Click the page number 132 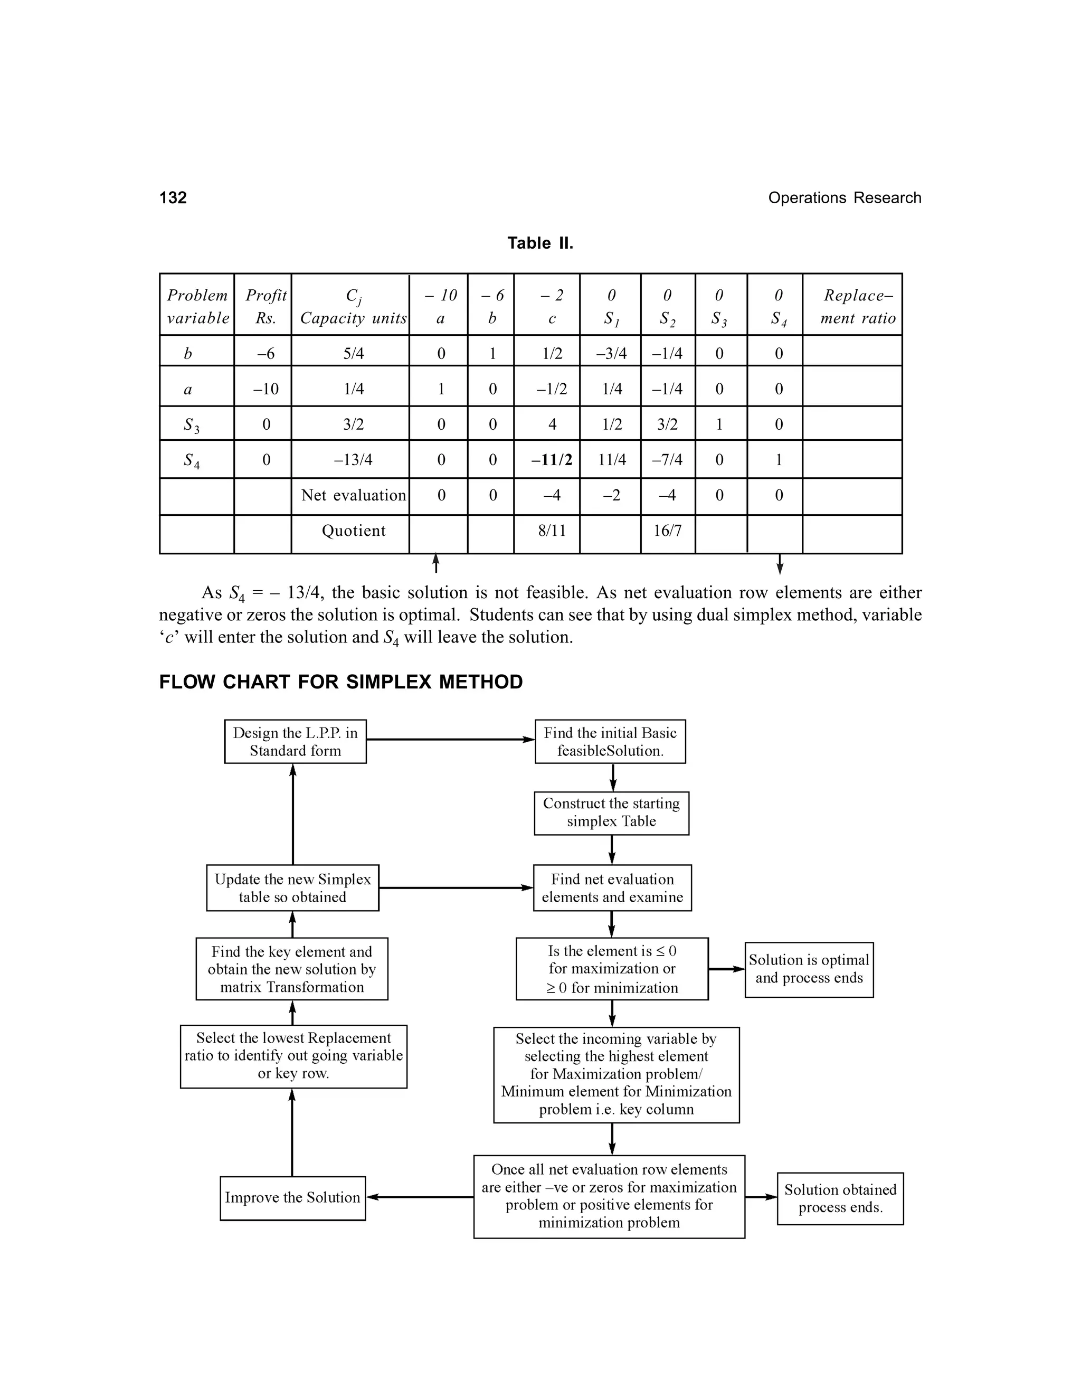tap(173, 198)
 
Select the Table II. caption tap(540, 243)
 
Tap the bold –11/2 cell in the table tap(552, 460)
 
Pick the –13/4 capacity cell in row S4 tap(353, 460)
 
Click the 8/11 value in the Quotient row tap(552, 531)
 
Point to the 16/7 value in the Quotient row tap(667, 531)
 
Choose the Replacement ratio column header tap(858, 306)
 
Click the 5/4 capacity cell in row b tap(353, 354)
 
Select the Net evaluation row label tap(354, 495)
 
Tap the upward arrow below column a tap(436, 563)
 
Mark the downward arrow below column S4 tap(780, 564)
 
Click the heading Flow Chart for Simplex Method tap(340, 682)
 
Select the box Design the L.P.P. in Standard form tap(295, 742)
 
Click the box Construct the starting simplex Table tap(612, 813)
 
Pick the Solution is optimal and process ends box tap(809, 969)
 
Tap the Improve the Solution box tap(292, 1198)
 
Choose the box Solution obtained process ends tap(840, 1198)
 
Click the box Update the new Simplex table tap(292, 888)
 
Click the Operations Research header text tap(844, 198)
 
